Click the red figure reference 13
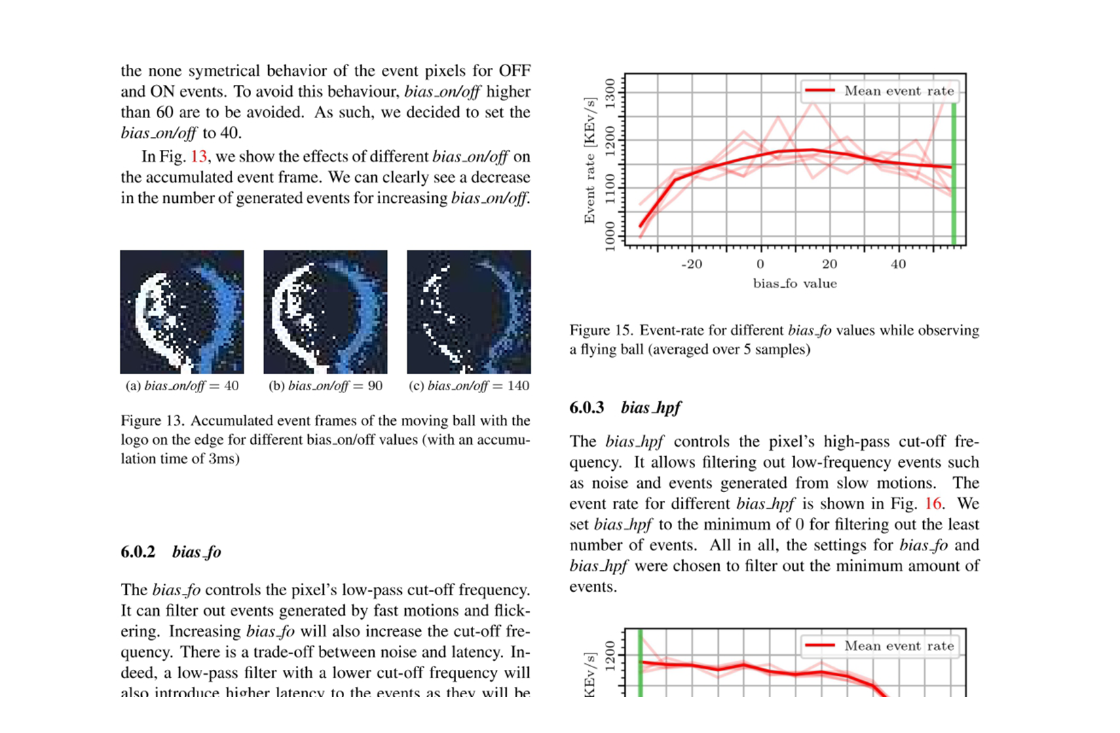[x=198, y=157]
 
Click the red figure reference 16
[x=933, y=504]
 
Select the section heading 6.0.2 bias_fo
[x=171, y=552]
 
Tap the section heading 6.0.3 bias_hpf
[x=624, y=407]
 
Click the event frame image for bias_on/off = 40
[x=182, y=312]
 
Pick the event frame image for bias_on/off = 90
[x=325, y=312]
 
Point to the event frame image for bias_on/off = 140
[x=468, y=312]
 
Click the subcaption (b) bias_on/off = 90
[x=326, y=386]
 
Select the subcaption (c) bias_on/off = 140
[x=469, y=386]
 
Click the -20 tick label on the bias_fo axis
[x=691, y=264]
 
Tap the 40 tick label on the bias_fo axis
[x=898, y=264]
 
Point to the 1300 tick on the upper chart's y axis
[x=610, y=92]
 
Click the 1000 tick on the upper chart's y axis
[x=610, y=234]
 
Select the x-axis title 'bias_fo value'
[x=795, y=284]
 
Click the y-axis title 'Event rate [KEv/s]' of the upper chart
[x=589, y=160]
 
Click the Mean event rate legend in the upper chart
[x=880, y=91]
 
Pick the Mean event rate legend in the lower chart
[x=880, y=646]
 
